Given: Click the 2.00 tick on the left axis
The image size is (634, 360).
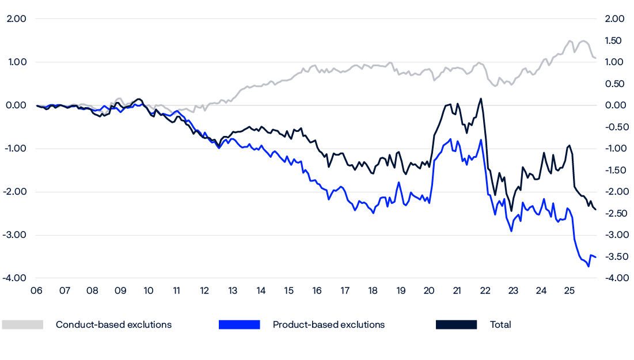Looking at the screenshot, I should pyautogui.click(x=16, y=19).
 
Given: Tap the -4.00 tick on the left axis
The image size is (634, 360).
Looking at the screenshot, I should pyautogui.click(x=15, y=278).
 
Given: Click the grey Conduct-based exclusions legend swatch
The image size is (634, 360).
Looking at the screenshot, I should pyautogui.click(x=22, y=325).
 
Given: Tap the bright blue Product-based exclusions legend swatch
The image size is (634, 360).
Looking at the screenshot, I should pyautogui.click(x=240, y=325).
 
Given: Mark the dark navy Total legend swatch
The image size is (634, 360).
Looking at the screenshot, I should pyautogui.click(x=457, y=325).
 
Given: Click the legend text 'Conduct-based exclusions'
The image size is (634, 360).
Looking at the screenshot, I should pyautogui.click(x=113, y=325).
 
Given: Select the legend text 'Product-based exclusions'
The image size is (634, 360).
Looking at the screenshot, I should pyautogui.click(x=329, y=325).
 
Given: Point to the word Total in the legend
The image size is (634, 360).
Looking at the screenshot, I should pyautogui.click(x=500, y=325).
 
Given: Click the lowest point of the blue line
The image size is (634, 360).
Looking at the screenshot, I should pyautogui.click(x=588, y=267).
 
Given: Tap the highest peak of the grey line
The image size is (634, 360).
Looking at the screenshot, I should pyautogui.click(x=570, y=41).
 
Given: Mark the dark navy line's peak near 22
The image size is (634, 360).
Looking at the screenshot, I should pyautogui.click(x=481, y=98).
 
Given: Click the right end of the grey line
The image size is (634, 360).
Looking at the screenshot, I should pyautogui.click(x=595, y=58).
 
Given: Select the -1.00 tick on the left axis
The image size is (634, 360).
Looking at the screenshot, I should pyautogui.click(x=15, y=149).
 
